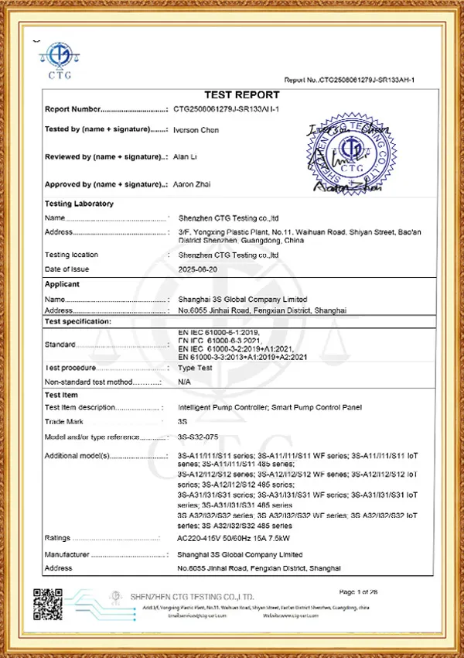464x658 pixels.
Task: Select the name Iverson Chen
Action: click(198, 130)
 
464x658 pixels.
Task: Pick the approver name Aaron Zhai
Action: click(194, 184)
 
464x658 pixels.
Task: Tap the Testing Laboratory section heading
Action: click(80, 204)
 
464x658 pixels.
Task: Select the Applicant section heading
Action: click(63, 284)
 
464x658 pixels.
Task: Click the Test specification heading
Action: click(78, 320)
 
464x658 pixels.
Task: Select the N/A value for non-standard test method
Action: click(184, 382)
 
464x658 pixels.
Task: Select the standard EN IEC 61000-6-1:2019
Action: click(219, 331)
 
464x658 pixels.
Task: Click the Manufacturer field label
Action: click(67, 555)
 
